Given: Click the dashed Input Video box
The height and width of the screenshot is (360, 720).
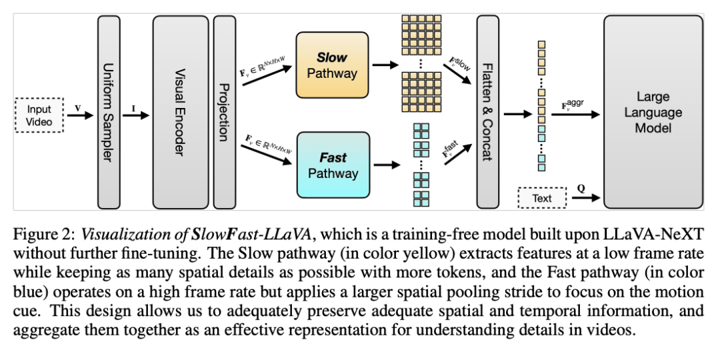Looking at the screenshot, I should pos(39,115).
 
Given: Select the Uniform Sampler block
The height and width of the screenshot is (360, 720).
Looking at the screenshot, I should pos(109,113).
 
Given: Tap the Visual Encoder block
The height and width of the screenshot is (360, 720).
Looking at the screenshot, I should pos(180,113).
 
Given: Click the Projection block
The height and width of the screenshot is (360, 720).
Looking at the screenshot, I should pos(225,113).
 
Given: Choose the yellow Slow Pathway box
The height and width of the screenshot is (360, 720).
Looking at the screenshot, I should pos(332,65).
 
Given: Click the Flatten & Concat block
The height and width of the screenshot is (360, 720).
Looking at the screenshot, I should pos(487,113).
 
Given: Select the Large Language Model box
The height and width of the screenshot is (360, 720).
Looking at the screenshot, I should pos(653,113).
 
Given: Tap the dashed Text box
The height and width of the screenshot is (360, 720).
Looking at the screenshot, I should pos(542,198).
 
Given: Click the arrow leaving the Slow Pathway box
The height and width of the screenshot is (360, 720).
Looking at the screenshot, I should pos(384,65).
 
